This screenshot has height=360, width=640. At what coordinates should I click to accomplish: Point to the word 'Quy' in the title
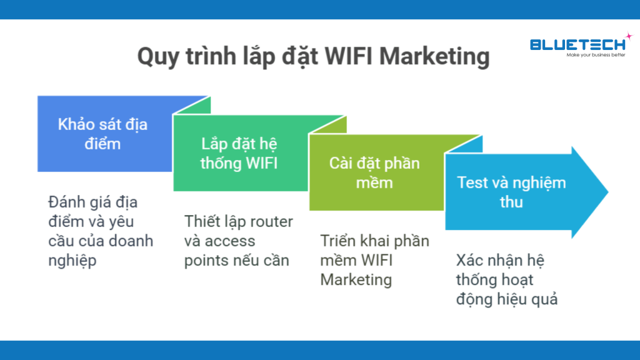[x=158, y=56]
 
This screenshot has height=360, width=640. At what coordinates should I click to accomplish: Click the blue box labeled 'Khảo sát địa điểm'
[x=103, y=133]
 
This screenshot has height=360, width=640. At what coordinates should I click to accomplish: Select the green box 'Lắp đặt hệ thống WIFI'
[x=239, y=153]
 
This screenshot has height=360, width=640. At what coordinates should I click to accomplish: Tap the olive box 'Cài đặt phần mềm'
[x=374, y=172]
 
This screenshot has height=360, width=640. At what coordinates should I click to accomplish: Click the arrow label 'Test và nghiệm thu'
[x=511, y=192]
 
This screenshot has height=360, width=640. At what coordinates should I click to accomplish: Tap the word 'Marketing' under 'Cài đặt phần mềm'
[x=356, y=279]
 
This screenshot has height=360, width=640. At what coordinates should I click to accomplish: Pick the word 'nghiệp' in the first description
[x=72, y=260]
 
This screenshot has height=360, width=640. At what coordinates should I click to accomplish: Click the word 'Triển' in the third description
[x=339, y=241]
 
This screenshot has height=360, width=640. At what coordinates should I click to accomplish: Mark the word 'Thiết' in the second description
[x=203, y=222]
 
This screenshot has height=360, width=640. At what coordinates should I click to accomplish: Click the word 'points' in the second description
[x=207, y=259]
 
